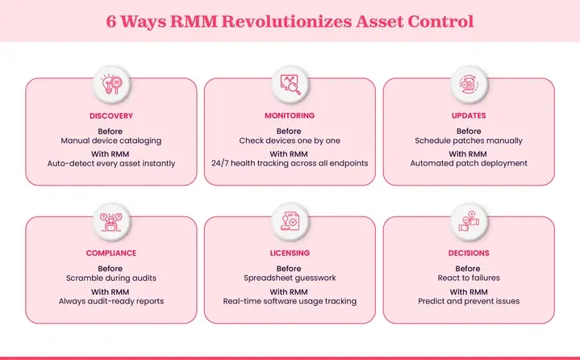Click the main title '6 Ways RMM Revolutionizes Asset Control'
tap(290, 19)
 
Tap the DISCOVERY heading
tap(111, 115)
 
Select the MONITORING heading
tap(290, 115)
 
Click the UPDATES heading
tap(468, 115)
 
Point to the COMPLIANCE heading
tap(111, 253)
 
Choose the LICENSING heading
tap(290, 253)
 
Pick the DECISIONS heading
tap(468, 253)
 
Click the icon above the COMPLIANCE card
tap(111, 220)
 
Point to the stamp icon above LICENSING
tap(290, 220)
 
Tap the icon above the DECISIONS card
tap(468, 220)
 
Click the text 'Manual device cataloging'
tap(111, 140)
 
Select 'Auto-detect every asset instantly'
tap(111, 163)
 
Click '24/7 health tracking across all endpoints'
tap(290, 163)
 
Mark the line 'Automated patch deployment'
tap(468, 163)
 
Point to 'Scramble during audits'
tap(111, 278)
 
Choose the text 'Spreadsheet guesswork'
tap(290, 278)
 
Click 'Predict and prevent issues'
tap(468, 301)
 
